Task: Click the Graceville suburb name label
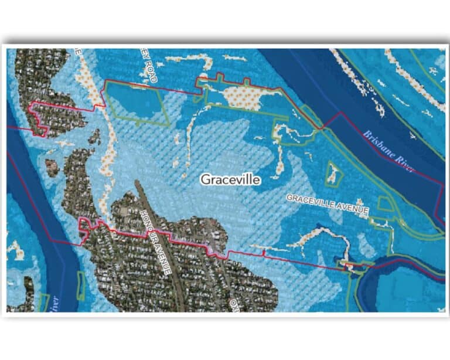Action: click(230, 179)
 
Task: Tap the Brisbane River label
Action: click(388, 151)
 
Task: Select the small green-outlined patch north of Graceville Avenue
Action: click(333, 174)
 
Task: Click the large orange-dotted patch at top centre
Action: click(249, 97)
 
